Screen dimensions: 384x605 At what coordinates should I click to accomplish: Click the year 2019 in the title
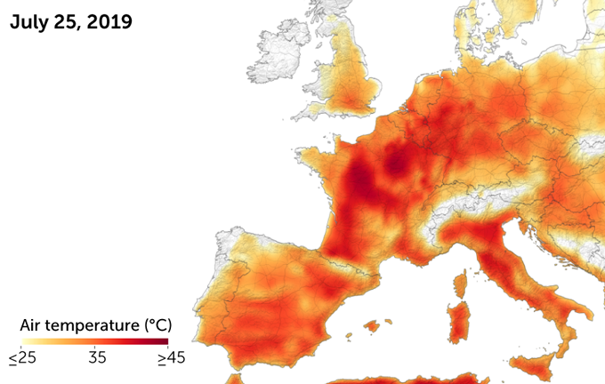[x=110, y=21]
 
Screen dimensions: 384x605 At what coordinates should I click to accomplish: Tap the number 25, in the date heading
[x=72, y=21]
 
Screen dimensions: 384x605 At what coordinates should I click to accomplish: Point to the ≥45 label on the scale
[x=170, y=358]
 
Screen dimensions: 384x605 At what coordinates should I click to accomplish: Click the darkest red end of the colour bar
[x=163, y=340]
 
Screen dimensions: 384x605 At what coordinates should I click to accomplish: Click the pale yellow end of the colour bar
[x=27, y=340]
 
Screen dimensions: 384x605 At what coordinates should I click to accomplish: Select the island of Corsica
[x=460, y=286]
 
